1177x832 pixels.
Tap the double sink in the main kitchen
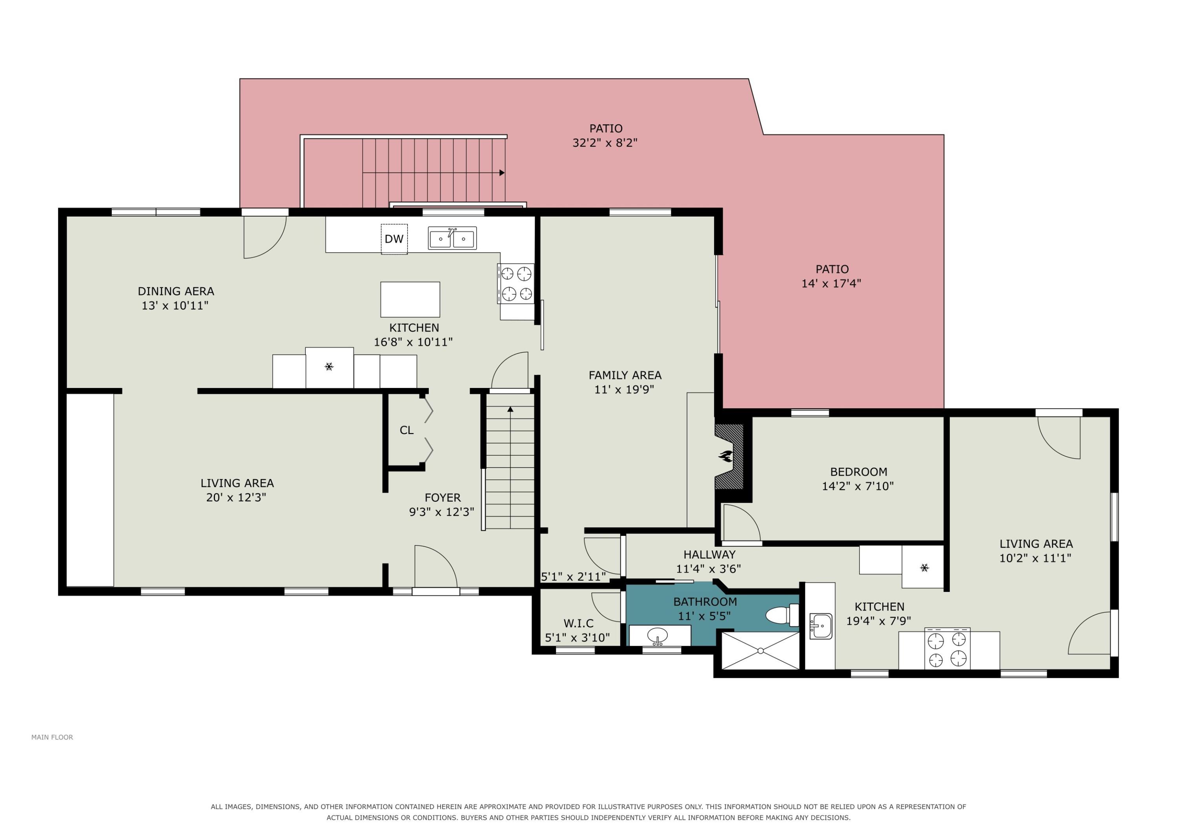[452, 238]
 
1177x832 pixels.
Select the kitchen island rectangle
[410, 299]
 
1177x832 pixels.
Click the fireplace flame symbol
[725, 456]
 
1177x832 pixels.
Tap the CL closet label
[406, 430]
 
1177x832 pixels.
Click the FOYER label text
[443, 497]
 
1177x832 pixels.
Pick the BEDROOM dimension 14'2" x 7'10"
[858, 486]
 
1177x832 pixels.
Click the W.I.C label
[579, 623]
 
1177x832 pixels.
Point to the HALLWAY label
[709, 554]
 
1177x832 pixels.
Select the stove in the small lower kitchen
[947, 649]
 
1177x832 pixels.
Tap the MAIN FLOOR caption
[52, 737]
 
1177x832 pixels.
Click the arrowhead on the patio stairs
[502, 173]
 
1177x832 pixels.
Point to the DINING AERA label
[176, 291]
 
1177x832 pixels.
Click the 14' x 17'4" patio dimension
[831, 283]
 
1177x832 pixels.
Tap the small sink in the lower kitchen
[821, 626]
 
